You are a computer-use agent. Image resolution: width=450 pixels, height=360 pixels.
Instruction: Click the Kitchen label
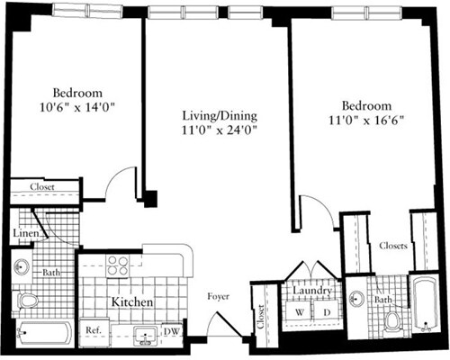(x=130, y=303)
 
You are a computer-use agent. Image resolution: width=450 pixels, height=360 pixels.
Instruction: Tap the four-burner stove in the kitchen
(x=118, y=265)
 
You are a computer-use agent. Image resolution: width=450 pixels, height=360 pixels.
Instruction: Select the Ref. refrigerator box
(x=92, y=331)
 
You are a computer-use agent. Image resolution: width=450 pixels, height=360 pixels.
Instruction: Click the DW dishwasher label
(x=171, y=331)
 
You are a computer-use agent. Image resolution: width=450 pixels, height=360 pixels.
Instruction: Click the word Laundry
(x=310, y=292)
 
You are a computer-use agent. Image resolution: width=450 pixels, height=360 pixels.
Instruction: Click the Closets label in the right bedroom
(x=393, y=245)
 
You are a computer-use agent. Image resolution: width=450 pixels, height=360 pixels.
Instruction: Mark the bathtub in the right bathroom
(x=424, y=306)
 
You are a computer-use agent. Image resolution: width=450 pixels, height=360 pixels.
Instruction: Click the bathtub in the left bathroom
(x=43, y=334)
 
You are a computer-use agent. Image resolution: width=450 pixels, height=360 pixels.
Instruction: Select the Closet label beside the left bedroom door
(x=41, y=187)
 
